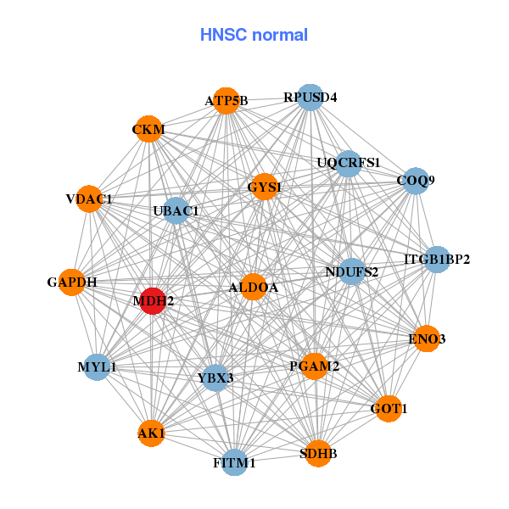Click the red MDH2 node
[x=152, y=300]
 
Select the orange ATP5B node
[x=226, y=101]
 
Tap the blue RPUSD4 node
[x=310, y=98]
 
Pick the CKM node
[x=148, y=129]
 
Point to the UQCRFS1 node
[x=349, y=163]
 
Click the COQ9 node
[x=415, y=180]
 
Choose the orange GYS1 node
[x=265, y=186]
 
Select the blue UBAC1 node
[x=176, y=210]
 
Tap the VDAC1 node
[x=89, y=199]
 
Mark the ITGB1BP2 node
[x=436, y=259]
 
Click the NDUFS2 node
[x=352, y=271]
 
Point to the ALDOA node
[x=253, y=288]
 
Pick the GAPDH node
[x=72, y=282]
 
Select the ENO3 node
[x=426, y=338]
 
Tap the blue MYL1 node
[x=97, y=366]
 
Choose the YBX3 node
[x=215, y=377]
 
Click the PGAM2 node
[x=314, y=366]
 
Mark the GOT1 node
[x=389, y=408]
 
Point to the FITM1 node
[x=234, y=462]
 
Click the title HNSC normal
[x=254, y=35]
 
